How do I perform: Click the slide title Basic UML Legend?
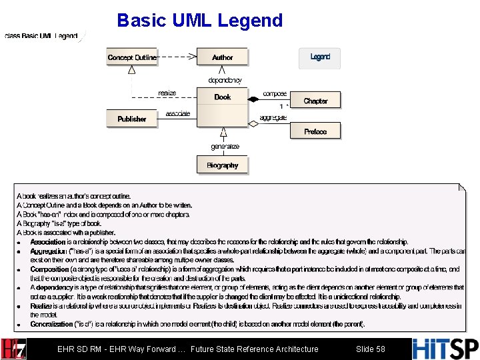tap(200, 21)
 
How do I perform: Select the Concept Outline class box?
tap(132, 57)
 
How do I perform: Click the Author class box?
tap(222, 57)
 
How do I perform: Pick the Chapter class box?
tap(315, 101)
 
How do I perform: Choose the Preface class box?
tap(315, 131)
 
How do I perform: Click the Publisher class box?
tap(132, 119)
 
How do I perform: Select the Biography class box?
tap(222, 165)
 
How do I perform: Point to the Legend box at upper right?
tap(320, 58)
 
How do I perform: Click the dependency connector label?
tap(225, 80)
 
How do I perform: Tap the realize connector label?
tap(167, 93)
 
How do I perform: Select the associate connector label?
tap(177, 113)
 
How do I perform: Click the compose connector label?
tap(275, 94)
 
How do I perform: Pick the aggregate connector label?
tap(273, 117)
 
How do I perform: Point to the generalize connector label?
tap(225, 147)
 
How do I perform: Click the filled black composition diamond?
tap(253, 99)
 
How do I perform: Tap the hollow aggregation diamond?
tap(253, 123)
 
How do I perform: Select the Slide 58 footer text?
tap(370, 349)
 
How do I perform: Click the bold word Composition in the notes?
tap(49, 269)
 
